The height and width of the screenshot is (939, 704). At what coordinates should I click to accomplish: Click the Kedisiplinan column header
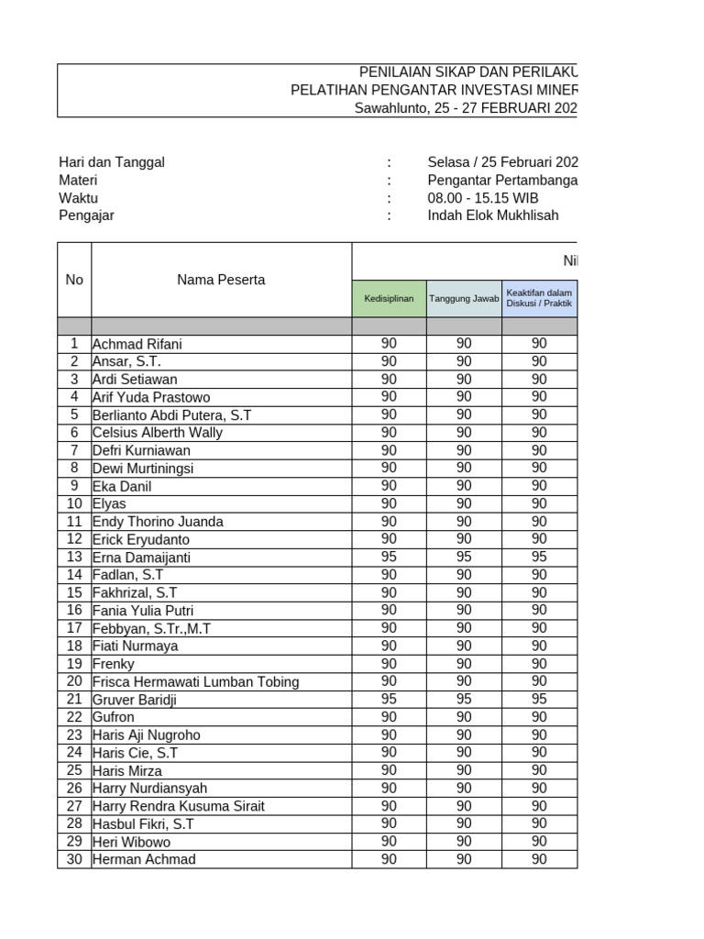point(389,299)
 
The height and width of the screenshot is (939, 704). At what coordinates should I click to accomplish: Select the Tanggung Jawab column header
point(464,299)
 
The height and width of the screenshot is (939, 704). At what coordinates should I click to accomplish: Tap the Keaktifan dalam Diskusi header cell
point(539,299)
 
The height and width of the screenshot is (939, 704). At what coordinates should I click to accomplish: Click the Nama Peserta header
point(221,280)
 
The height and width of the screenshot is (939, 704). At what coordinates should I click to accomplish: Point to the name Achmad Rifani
point(137,344)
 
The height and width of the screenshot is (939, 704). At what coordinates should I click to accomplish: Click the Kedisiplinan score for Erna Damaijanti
point(389,557)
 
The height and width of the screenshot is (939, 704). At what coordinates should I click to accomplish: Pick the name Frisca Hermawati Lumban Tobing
point(195,681)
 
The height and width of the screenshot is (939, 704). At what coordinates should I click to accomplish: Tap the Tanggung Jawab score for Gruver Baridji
point(464,700)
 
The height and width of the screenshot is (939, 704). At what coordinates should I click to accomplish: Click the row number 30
point(74,859)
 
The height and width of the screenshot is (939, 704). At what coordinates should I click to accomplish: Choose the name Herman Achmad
point(144,859)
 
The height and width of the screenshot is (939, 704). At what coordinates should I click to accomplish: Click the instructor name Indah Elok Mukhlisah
point(492,215)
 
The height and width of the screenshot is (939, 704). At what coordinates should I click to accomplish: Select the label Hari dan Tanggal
point(112,162)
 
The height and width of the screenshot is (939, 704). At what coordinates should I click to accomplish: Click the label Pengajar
point(86,215)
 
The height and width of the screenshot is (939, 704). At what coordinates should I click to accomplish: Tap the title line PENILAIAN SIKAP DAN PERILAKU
point(467,73)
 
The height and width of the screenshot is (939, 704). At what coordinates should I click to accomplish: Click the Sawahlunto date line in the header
point(466,108)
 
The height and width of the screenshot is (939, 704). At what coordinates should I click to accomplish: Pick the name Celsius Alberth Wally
point(158,433)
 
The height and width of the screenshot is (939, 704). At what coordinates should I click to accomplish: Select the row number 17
point(74,628)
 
